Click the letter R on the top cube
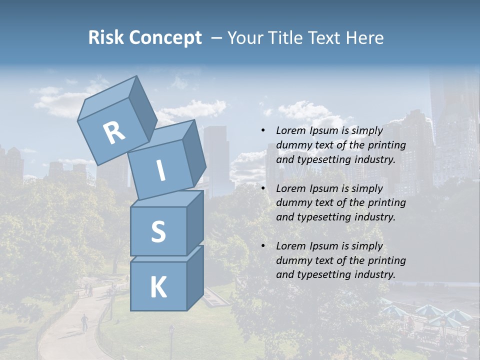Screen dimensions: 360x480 pyautogui.click(x=114, y=133)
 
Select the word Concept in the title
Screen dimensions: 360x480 pyautogui.click(x=164, y=38)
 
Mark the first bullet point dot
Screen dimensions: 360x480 pyautogui.click(x=262, y=131)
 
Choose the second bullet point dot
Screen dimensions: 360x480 pyautogui.click(x=262, y=188)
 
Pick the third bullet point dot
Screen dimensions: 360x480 pyautogui.click(x=262, y=246)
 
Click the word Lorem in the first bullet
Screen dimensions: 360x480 pyautogui.click(x=289, y=130)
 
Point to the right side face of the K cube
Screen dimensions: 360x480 pyautogui.click(x=195, y=277)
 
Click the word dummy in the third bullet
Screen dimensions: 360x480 pyautogui.click(x=292, y=260)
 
